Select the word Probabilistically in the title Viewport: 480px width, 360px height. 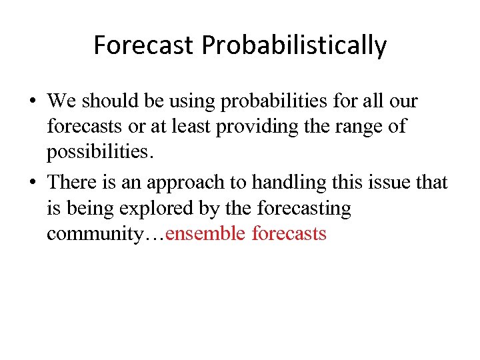294,45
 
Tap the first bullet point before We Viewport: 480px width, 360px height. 33,102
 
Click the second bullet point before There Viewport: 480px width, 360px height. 33,183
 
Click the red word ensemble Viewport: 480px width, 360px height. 206,233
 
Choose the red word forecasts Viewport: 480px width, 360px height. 289,233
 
